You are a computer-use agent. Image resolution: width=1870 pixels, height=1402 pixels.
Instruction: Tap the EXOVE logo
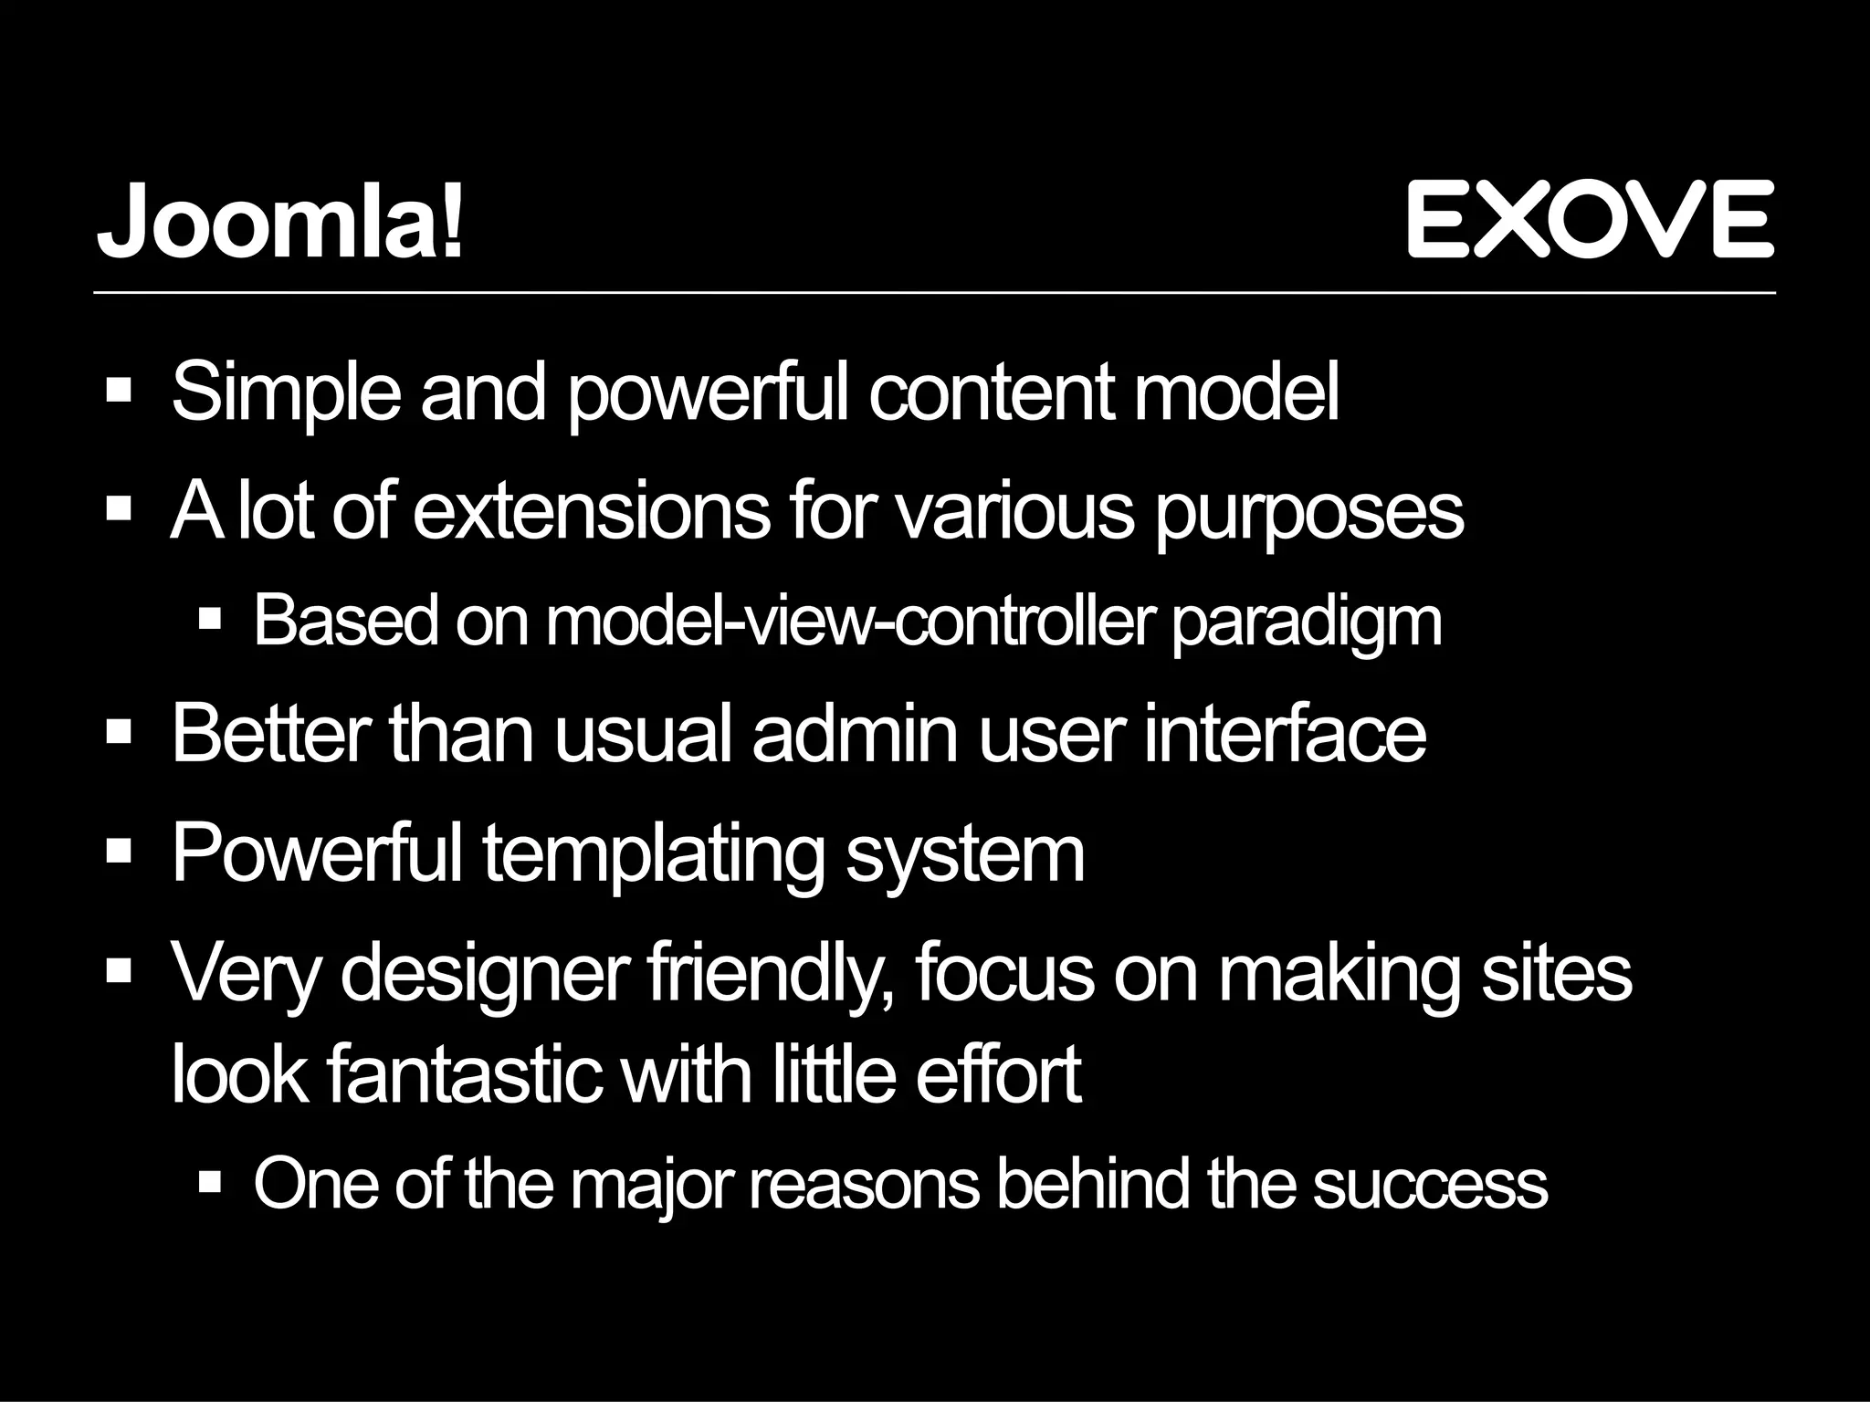click(x=1590, y=219)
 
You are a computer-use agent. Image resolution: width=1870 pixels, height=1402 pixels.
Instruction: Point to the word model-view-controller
click(x=848, y=622)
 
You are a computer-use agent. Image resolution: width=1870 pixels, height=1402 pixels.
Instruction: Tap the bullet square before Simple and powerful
click(x=120, y=392)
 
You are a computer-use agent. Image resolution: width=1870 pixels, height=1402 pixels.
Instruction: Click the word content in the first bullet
click(x=992, y=392)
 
